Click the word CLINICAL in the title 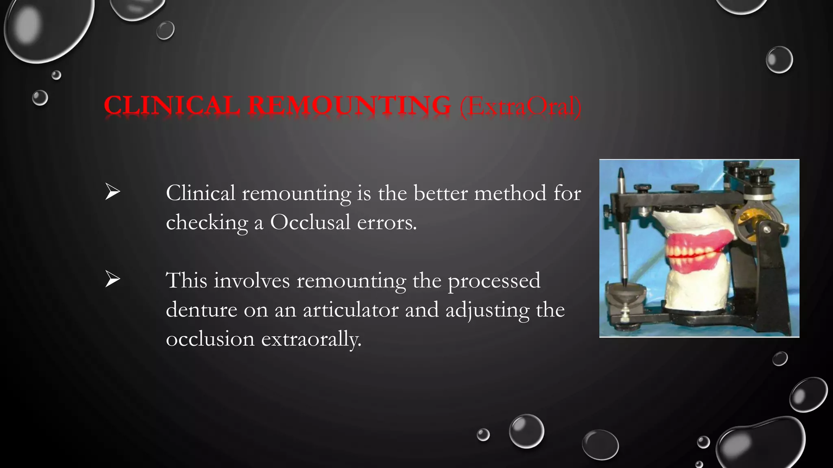click(x=172, y=106)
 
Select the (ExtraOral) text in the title click(x=521, y=106)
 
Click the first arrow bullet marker click(x=112, y=192)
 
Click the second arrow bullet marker click(x=112, y=279)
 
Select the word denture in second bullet click(x=201, y=310)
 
